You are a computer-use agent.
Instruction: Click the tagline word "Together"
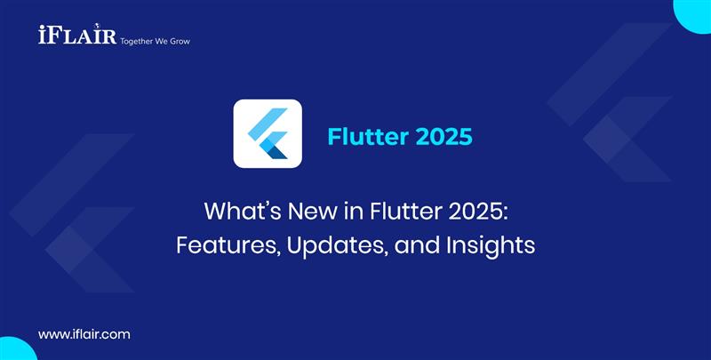(x=127, y=41)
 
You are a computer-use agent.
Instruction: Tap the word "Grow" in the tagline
(x=179, y=41)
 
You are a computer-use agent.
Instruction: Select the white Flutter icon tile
(x=268, y=134)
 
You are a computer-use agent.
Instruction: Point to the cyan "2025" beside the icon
(x=442, y=138)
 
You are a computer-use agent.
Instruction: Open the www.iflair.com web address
(x=84, y=334)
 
